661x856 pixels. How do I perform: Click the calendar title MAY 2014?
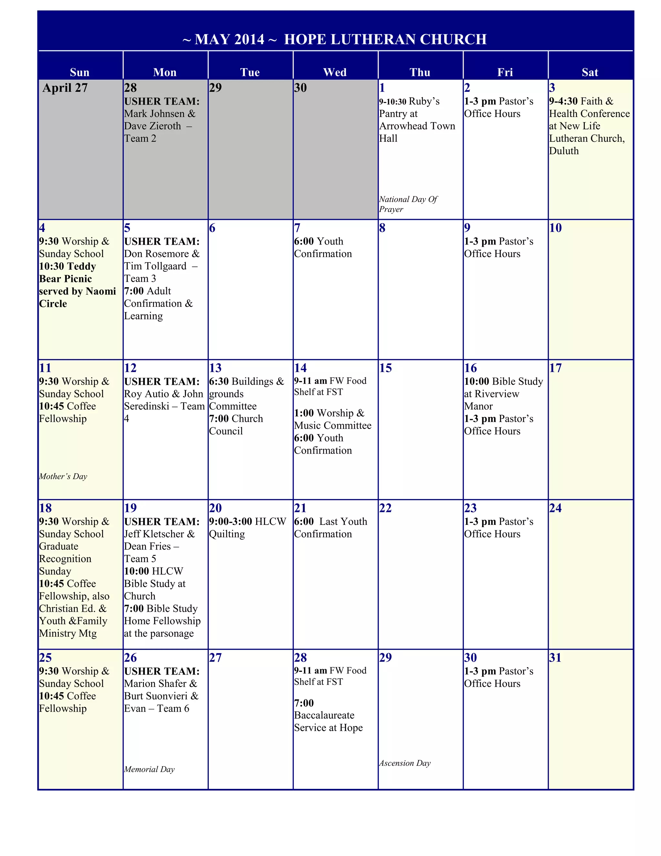(229, 40)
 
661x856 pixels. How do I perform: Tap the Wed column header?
(335, 72)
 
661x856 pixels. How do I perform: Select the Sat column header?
(590, 72)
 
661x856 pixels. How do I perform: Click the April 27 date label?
(65, 88)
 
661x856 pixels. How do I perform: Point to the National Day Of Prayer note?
(408, 204)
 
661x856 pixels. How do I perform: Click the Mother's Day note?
(63, 476)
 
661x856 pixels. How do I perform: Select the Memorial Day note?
(149, 769)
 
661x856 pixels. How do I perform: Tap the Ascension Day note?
(405, 763)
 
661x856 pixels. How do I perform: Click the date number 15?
(385, 368)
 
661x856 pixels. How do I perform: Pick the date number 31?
(555, 657)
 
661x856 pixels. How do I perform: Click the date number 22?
(385, 508)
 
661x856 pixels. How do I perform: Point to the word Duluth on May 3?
(564, 151)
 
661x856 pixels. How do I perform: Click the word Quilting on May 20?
(227, 534)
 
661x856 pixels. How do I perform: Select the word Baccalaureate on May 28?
(324, 715)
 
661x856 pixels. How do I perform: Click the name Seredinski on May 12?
(147, 406)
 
